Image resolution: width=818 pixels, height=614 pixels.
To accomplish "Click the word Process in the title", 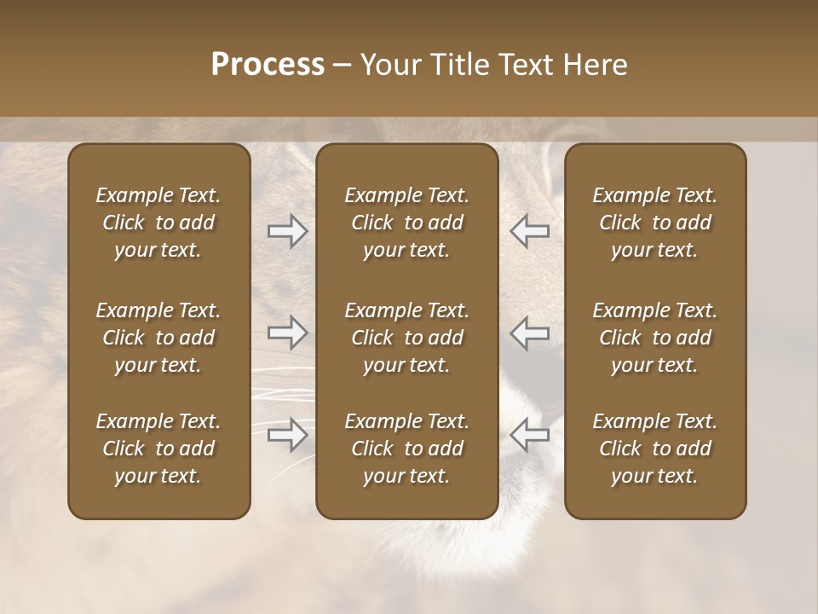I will point(268,65).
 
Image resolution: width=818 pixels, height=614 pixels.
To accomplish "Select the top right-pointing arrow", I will point(287,231).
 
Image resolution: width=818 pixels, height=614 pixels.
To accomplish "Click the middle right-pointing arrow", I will point(287,333).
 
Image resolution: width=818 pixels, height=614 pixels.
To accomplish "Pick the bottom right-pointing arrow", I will point(287,435).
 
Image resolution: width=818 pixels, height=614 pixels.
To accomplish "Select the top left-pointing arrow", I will point(529,231).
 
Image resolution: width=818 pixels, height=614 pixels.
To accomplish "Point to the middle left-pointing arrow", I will point(529,333).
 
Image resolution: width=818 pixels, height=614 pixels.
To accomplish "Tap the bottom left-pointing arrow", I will point(529,435).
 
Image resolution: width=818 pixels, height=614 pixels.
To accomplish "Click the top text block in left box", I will point(158,223).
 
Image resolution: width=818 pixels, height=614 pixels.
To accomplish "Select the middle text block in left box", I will point(158,338).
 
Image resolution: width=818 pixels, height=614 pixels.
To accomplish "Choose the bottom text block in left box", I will point(158,449).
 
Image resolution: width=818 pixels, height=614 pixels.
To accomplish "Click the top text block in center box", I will point(406,223).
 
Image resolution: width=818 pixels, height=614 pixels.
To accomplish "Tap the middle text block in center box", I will point(406,338).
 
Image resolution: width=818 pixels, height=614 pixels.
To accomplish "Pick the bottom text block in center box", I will point(406,449).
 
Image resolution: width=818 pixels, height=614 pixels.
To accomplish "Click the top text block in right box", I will point(654,223).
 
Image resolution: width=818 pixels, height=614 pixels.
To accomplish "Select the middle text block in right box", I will point(654,338).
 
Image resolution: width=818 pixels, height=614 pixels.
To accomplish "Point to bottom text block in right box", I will point(654,449).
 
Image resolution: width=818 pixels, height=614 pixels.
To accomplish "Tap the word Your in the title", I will point(389,65).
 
